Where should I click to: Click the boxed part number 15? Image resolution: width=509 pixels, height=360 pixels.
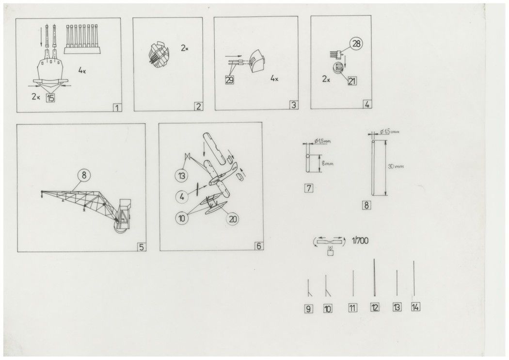click(x=50, y=98)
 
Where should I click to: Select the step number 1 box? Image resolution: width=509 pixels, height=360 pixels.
click(x=117, y=108)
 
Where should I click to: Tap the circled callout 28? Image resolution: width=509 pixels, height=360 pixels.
click(x=356, y=44)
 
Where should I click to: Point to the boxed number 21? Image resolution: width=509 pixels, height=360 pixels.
click(x=352, y=81)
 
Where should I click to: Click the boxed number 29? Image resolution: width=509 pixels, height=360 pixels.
click(x=229, y=80)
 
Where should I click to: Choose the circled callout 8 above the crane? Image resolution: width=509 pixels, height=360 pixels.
click(x=84, y=176)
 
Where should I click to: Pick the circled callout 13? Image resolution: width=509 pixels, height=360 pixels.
click(x=181, y=176)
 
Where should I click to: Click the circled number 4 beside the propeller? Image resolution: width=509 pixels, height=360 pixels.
click(x=182, y=196)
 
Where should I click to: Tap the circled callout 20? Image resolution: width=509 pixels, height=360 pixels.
click(x=233, y=219)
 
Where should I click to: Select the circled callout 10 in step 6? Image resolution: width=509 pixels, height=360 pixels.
click(x=182, y=218)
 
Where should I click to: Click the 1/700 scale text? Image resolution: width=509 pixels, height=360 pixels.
click(x=360, y=241)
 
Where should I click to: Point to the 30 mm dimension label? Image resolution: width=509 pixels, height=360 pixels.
click(x=397, y=166)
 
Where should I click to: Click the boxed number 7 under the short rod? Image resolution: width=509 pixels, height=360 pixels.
click(x=309, y=188)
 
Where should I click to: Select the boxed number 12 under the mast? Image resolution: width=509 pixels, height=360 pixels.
click(x=375, y=307)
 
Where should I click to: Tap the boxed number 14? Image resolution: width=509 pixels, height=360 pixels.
click(x=415, y=307)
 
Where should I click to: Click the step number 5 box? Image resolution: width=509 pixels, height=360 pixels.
click(x=142, y=247)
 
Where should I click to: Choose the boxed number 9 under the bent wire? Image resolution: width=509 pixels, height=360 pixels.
click(x=308, y=309)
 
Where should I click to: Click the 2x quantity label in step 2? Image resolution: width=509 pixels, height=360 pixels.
click(x=184, y=48)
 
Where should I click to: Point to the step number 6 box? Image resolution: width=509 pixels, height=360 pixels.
click(x=258, y=246)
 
